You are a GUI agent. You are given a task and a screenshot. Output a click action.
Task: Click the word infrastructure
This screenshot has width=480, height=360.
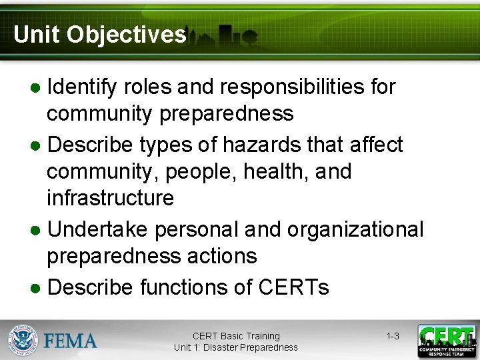tap(110, 199)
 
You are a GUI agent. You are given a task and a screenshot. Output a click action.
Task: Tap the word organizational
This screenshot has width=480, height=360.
tap(355, 229)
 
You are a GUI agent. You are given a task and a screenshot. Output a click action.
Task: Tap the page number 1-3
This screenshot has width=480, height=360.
tap(393, 336)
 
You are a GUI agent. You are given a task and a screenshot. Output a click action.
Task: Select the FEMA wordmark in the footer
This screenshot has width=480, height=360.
tap(71, 341)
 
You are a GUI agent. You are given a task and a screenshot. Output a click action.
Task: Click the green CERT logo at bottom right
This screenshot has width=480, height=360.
tap(446, 341)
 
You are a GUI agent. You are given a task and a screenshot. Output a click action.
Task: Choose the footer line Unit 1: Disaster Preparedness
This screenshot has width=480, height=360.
tap(236, 347)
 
